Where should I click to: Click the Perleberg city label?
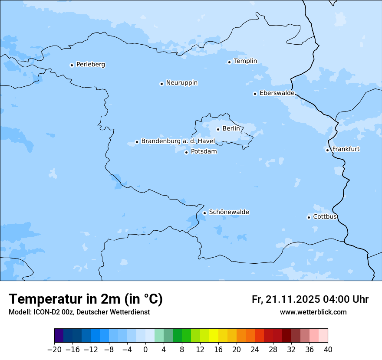90,65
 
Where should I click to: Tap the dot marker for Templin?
229,62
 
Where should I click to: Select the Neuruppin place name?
181,83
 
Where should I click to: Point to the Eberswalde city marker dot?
255,94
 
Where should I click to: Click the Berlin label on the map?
231,129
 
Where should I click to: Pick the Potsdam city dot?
186,152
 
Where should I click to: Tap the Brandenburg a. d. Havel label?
178,141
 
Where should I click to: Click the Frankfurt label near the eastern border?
346,149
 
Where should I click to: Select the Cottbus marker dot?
309,217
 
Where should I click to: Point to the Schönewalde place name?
229,212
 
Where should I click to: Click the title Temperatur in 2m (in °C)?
86,299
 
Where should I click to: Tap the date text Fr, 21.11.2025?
286,299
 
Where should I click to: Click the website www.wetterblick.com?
313,312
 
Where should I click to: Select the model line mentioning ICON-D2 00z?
79,312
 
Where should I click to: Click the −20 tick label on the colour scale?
55,350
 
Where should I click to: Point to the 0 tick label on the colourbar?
145,350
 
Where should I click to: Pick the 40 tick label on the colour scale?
328,350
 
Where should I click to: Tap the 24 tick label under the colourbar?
255,350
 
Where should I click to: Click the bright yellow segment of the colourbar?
214,336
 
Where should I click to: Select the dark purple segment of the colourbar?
59,336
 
